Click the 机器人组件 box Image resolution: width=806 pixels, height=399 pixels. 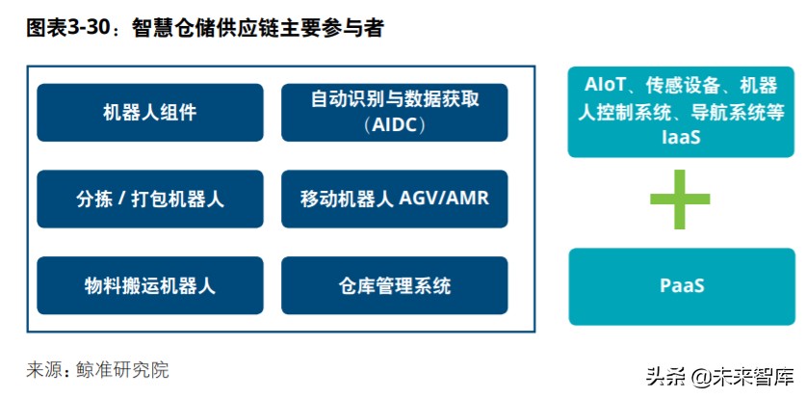point(150,113)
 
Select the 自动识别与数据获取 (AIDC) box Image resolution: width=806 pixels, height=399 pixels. point(395,113)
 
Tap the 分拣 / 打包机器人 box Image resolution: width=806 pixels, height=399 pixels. point(150,199)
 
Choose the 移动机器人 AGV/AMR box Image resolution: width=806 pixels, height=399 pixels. point(395,199)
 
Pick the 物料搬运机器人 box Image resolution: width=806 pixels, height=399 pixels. point(150,285)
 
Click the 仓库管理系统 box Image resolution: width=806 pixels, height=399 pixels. point(395,285)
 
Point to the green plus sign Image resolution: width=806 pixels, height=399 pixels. point(681,200)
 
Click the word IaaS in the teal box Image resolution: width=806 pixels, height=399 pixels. point(681,138)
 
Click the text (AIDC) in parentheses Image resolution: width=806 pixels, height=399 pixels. point(395,125)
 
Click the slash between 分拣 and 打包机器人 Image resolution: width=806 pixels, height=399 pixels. point(127,199)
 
